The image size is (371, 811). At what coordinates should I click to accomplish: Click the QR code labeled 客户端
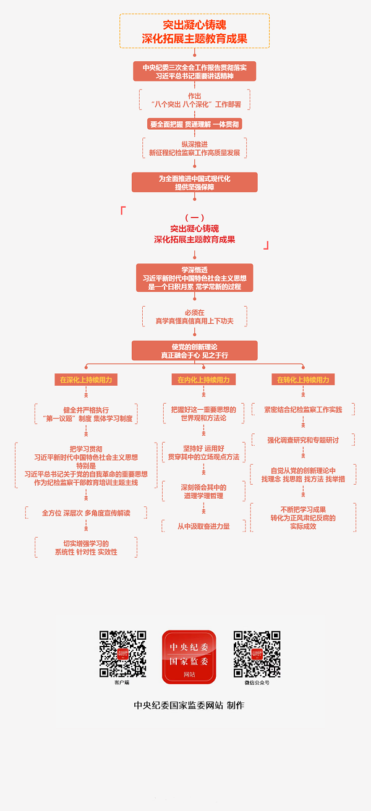point(122,654)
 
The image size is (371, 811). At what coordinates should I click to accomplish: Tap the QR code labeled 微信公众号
point(257,654)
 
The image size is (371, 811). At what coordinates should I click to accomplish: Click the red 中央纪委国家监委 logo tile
point(189,656)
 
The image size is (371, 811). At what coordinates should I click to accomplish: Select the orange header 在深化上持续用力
point(86,380)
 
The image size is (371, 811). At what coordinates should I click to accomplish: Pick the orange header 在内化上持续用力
point(203,380)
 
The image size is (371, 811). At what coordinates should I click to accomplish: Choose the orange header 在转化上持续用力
point(303,380)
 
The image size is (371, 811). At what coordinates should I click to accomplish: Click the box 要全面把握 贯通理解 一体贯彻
point(195,124)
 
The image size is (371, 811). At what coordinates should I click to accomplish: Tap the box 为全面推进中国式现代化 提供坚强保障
point(195,182)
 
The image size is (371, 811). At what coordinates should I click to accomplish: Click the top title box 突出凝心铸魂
point(195,31)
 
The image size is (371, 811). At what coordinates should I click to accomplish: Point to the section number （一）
point(195,218)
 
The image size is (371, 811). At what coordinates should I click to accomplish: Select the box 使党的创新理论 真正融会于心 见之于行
point(195,350)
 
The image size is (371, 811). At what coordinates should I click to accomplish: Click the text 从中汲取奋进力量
point(203,526)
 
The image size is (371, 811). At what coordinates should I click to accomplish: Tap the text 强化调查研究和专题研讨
point(303,440)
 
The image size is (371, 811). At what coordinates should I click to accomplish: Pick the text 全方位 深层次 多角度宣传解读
point(86,513)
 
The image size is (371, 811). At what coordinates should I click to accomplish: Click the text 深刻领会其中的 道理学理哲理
point(203,491)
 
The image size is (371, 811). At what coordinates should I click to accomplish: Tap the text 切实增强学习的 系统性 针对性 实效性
point(86,548)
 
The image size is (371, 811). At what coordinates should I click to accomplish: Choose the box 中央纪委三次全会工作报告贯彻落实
point(195,71)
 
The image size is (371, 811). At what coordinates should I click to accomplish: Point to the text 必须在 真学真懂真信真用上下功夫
point(195,317)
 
